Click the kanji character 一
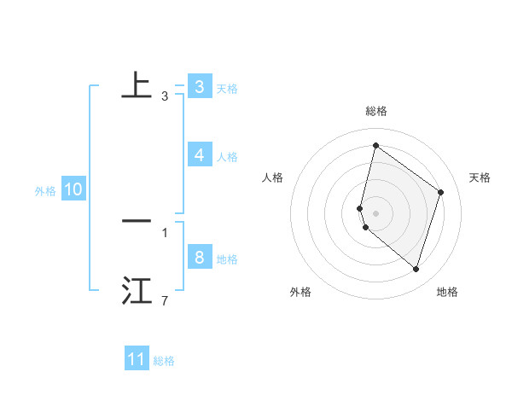137,221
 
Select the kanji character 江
137,291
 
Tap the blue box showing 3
199,86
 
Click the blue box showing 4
199,155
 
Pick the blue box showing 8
199,258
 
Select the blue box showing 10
73,190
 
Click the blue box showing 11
137,359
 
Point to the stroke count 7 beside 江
165,301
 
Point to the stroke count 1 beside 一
165,232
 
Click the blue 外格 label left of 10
45,191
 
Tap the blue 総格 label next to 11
164,361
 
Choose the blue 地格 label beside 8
227,259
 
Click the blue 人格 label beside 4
227,157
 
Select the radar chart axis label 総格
375,111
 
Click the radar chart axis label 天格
480,177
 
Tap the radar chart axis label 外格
300,292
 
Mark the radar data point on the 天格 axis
441,192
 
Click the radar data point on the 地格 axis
416,270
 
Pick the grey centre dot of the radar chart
375,212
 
